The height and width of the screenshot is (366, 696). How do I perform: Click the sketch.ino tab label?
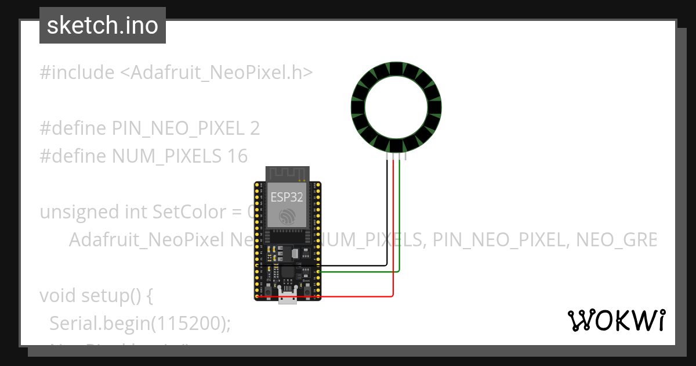[103, 26]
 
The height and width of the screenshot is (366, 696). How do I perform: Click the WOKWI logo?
[616, 321]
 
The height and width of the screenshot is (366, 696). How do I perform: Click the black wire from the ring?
[387, 215]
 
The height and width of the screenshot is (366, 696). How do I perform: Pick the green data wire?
[400, 221]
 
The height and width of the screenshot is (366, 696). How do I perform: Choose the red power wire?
[393, 232]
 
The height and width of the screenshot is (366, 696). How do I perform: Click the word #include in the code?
[77, 73]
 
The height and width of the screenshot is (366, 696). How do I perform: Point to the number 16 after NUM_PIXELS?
[237, 156]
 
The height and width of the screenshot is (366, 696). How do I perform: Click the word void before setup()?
[57, 296]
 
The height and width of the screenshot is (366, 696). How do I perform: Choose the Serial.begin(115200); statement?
[140, 324]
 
